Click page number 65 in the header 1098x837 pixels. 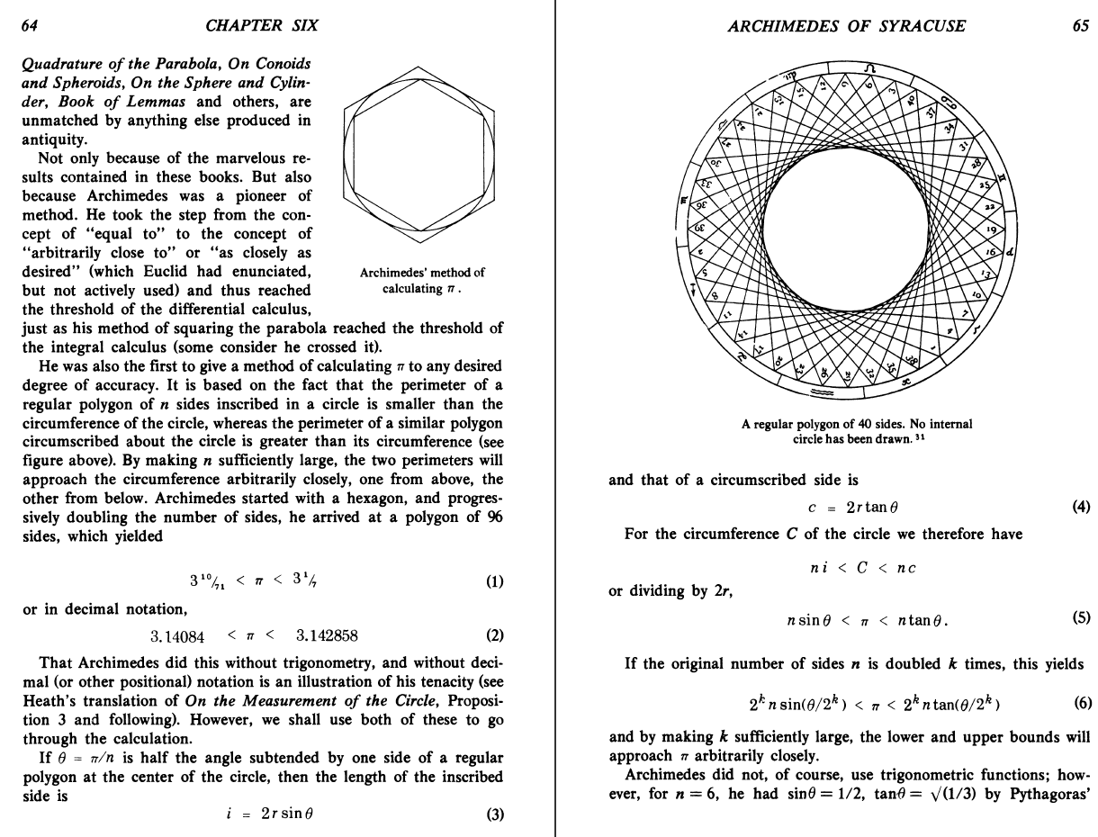tap(1080, 25)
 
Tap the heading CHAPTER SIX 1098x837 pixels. tap(262, 25)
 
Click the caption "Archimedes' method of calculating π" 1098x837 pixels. tap(421, 280)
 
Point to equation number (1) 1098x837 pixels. tap(494, 581)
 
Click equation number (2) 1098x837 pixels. tap(494, 636)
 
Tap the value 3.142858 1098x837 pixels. tap(327, 636)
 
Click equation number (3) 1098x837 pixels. tap(494, 814)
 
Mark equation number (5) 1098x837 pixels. tap(1081, 618)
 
